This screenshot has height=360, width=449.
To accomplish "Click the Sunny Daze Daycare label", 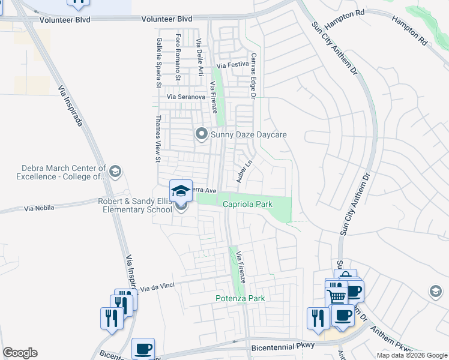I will tap(248, 134).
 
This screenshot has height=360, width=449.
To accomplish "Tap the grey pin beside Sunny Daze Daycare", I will tap(202, 134).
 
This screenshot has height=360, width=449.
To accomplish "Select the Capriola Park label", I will tap(247, 204).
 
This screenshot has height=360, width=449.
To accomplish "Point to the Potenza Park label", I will tap(240, 298).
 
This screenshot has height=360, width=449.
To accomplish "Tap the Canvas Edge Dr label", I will tap(253, 76).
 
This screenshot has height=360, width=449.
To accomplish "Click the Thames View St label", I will tap(158, 139).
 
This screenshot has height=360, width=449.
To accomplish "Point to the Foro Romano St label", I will tap(178, 57).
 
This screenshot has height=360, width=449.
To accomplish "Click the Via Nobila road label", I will tap(39, 208).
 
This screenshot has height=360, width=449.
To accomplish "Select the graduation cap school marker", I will tap(181, 191).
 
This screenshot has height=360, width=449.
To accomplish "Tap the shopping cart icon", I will tap(336, 295).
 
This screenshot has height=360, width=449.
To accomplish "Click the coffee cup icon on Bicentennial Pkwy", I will tap(143, 349).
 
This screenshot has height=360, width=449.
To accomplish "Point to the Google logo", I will tap(20, 353).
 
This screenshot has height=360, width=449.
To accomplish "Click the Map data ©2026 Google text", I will tap(411, 355).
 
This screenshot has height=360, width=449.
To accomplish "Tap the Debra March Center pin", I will tap(116, 172).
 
